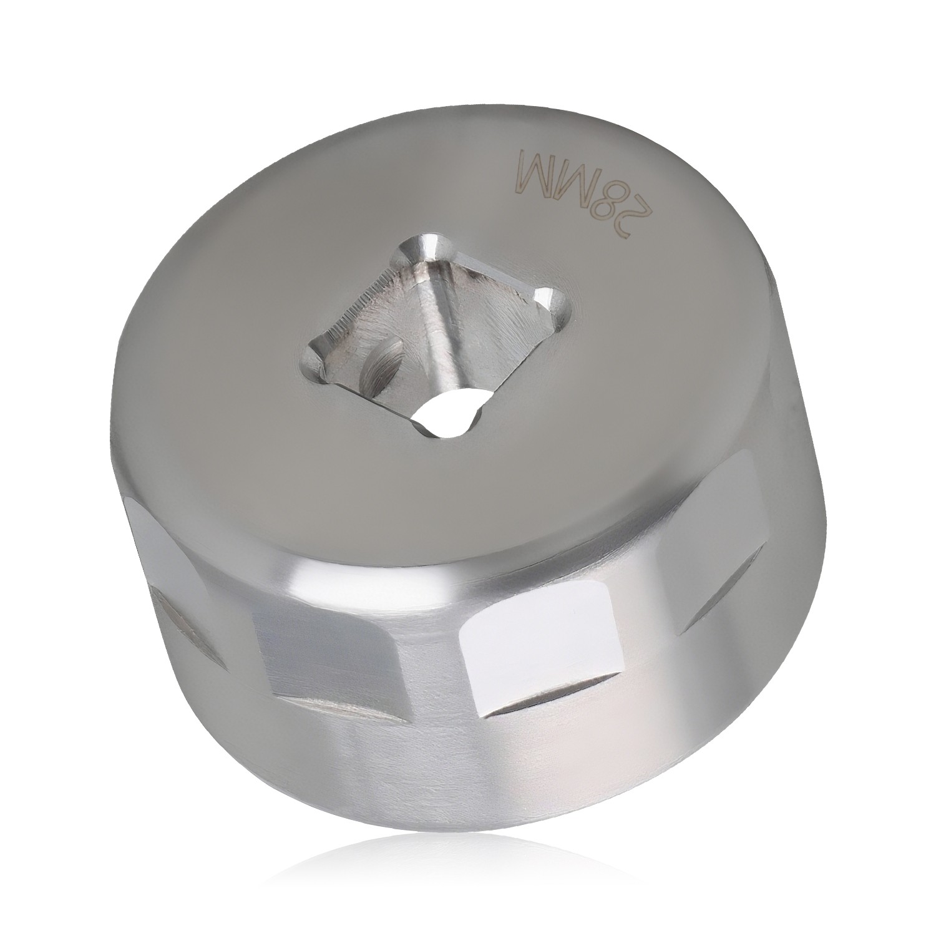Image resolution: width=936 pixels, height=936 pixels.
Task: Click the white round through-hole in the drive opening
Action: [447, 416]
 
